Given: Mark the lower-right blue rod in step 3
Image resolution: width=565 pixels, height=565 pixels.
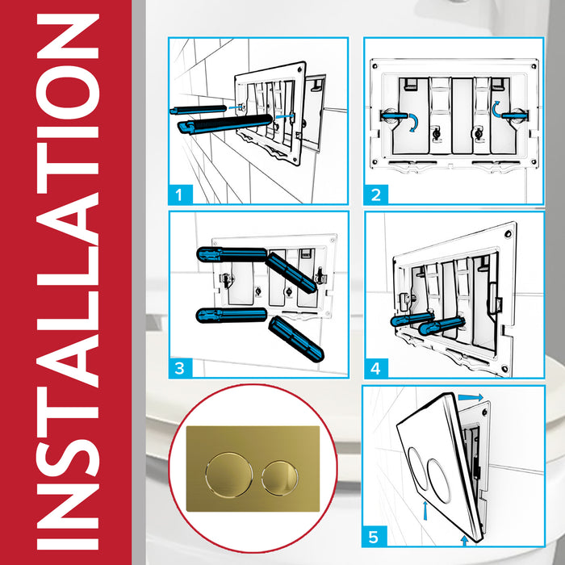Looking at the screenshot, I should (296, 337).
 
